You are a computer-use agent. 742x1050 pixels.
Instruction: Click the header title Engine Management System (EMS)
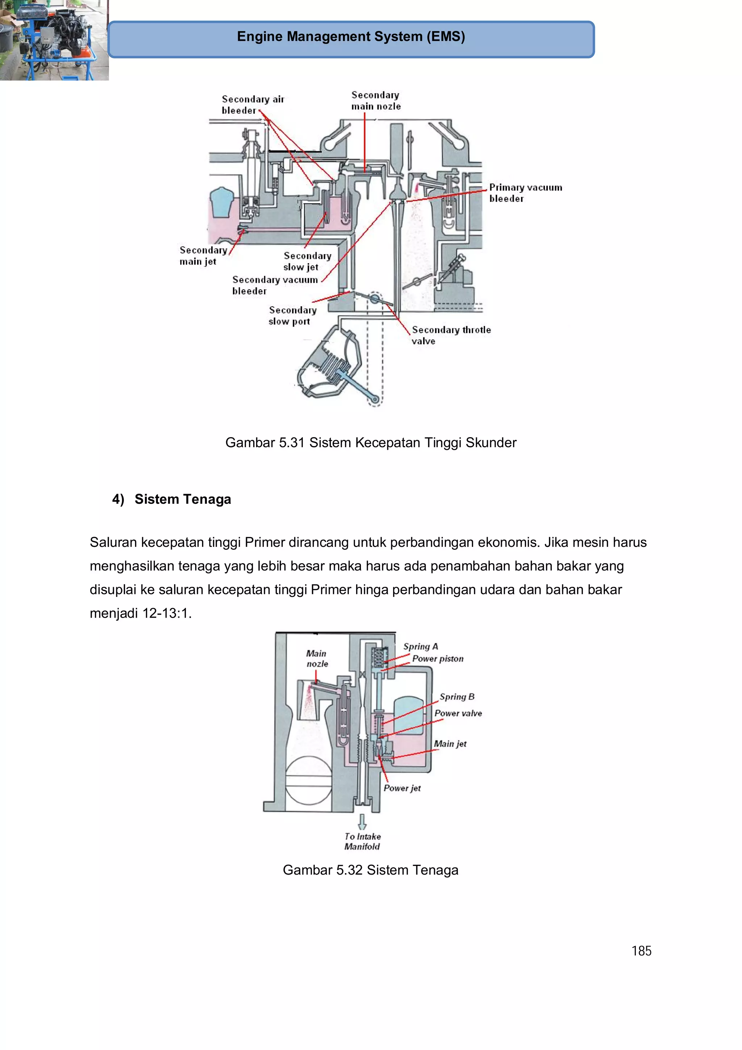tap(351, 37)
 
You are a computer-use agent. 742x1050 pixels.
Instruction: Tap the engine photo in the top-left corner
tap(54, 40)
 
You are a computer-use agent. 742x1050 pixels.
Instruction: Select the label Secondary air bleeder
tap(253, 105)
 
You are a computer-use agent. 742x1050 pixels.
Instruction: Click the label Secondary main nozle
tap(376, 101)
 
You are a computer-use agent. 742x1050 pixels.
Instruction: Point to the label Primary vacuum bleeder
tap(525, 192)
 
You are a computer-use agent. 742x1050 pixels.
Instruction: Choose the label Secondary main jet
tap(203, 256)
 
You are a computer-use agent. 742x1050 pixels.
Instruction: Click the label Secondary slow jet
tap(307, 261)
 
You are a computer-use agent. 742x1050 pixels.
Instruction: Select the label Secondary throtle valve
tap(451, 335)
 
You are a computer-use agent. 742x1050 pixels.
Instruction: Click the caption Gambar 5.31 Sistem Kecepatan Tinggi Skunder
tap(370, 443)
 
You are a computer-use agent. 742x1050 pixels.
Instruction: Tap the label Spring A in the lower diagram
tap(420, 646)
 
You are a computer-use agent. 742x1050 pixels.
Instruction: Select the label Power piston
tap(438, 659)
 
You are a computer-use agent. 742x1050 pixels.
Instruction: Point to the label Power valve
tap(458, 713)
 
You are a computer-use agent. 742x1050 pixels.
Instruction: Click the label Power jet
tap(402, 788)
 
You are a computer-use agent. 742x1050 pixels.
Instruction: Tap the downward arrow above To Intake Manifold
tap(362, 822)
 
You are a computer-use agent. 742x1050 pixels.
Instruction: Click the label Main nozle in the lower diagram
tap(317, 659)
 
